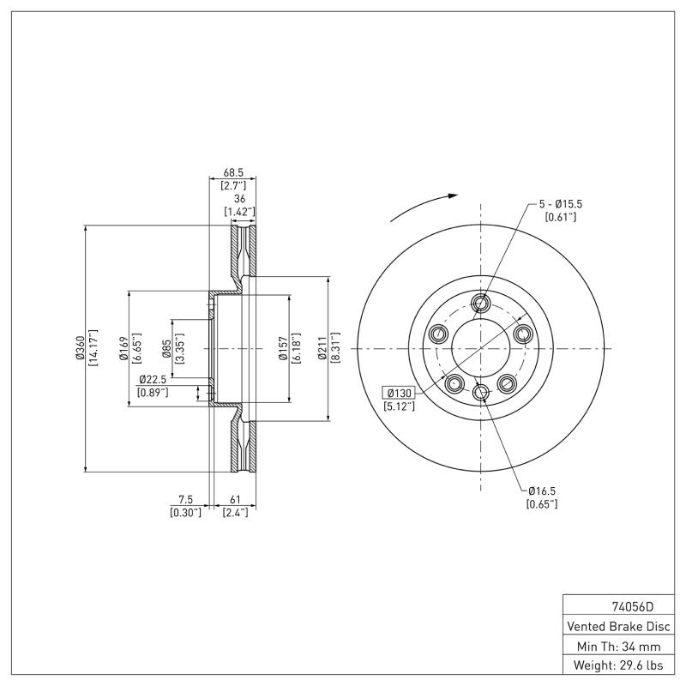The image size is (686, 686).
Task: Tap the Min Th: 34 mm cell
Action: [618, 645]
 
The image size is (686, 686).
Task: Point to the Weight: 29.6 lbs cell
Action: [618, 665]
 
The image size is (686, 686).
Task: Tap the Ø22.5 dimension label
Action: [153, 380]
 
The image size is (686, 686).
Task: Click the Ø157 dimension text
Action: [283, 349]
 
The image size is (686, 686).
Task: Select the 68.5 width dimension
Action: [233, 171]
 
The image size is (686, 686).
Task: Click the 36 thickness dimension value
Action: [239, 198]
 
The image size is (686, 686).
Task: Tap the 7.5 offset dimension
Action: [185, 500]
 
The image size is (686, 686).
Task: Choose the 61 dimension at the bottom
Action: [235, 500]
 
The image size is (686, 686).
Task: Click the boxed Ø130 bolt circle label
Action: [400, 393]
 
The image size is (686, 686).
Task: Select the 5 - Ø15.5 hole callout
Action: [561, 204]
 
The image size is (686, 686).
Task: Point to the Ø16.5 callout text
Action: [541, 490]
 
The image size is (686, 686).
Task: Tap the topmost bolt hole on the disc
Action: [480, 302]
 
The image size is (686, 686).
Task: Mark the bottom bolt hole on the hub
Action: [480, 393]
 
